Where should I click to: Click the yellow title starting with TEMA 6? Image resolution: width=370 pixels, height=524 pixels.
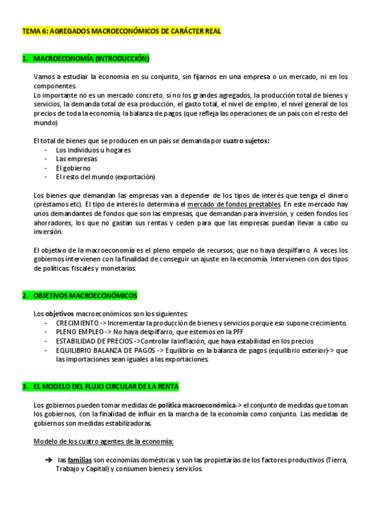coord(121,30)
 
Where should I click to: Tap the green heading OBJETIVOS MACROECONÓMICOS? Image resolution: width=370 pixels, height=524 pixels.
coord(85,295)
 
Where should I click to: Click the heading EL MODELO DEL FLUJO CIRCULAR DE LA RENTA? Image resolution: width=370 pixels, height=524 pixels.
coord(106,386)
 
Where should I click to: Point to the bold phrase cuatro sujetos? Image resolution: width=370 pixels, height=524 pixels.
coord(246,141)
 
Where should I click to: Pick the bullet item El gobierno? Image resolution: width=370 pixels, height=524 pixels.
coord(73,168)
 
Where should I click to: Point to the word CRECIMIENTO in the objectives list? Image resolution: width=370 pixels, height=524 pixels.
coord(77,323)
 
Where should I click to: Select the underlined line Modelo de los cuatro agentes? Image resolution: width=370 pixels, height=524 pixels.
coord(103,441)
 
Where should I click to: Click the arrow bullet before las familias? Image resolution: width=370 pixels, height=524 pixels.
coord(48,460)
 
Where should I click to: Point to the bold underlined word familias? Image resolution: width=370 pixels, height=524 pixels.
coord(80,460)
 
